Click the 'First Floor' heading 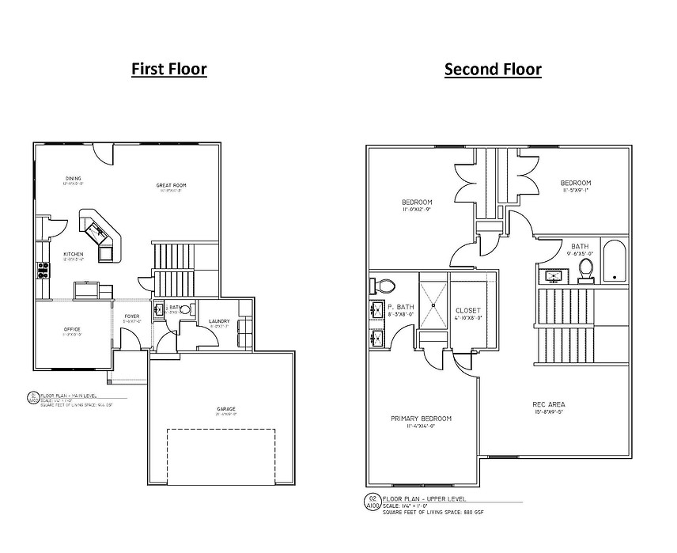pos(168,69)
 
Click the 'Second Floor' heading pos(493,69)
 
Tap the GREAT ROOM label pos(171,185)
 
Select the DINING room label pos(73,178)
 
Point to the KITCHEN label pos(73,254)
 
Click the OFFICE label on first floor pos(71,329)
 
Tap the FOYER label pos(131,317)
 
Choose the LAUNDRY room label pos(219,321)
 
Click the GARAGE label pos(226,409)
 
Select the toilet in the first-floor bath pos(185,310)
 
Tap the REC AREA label pos(548,404)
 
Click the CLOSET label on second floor pos(468,310)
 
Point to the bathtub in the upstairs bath pos(614,260)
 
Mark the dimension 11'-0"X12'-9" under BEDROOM pos(417,210)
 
